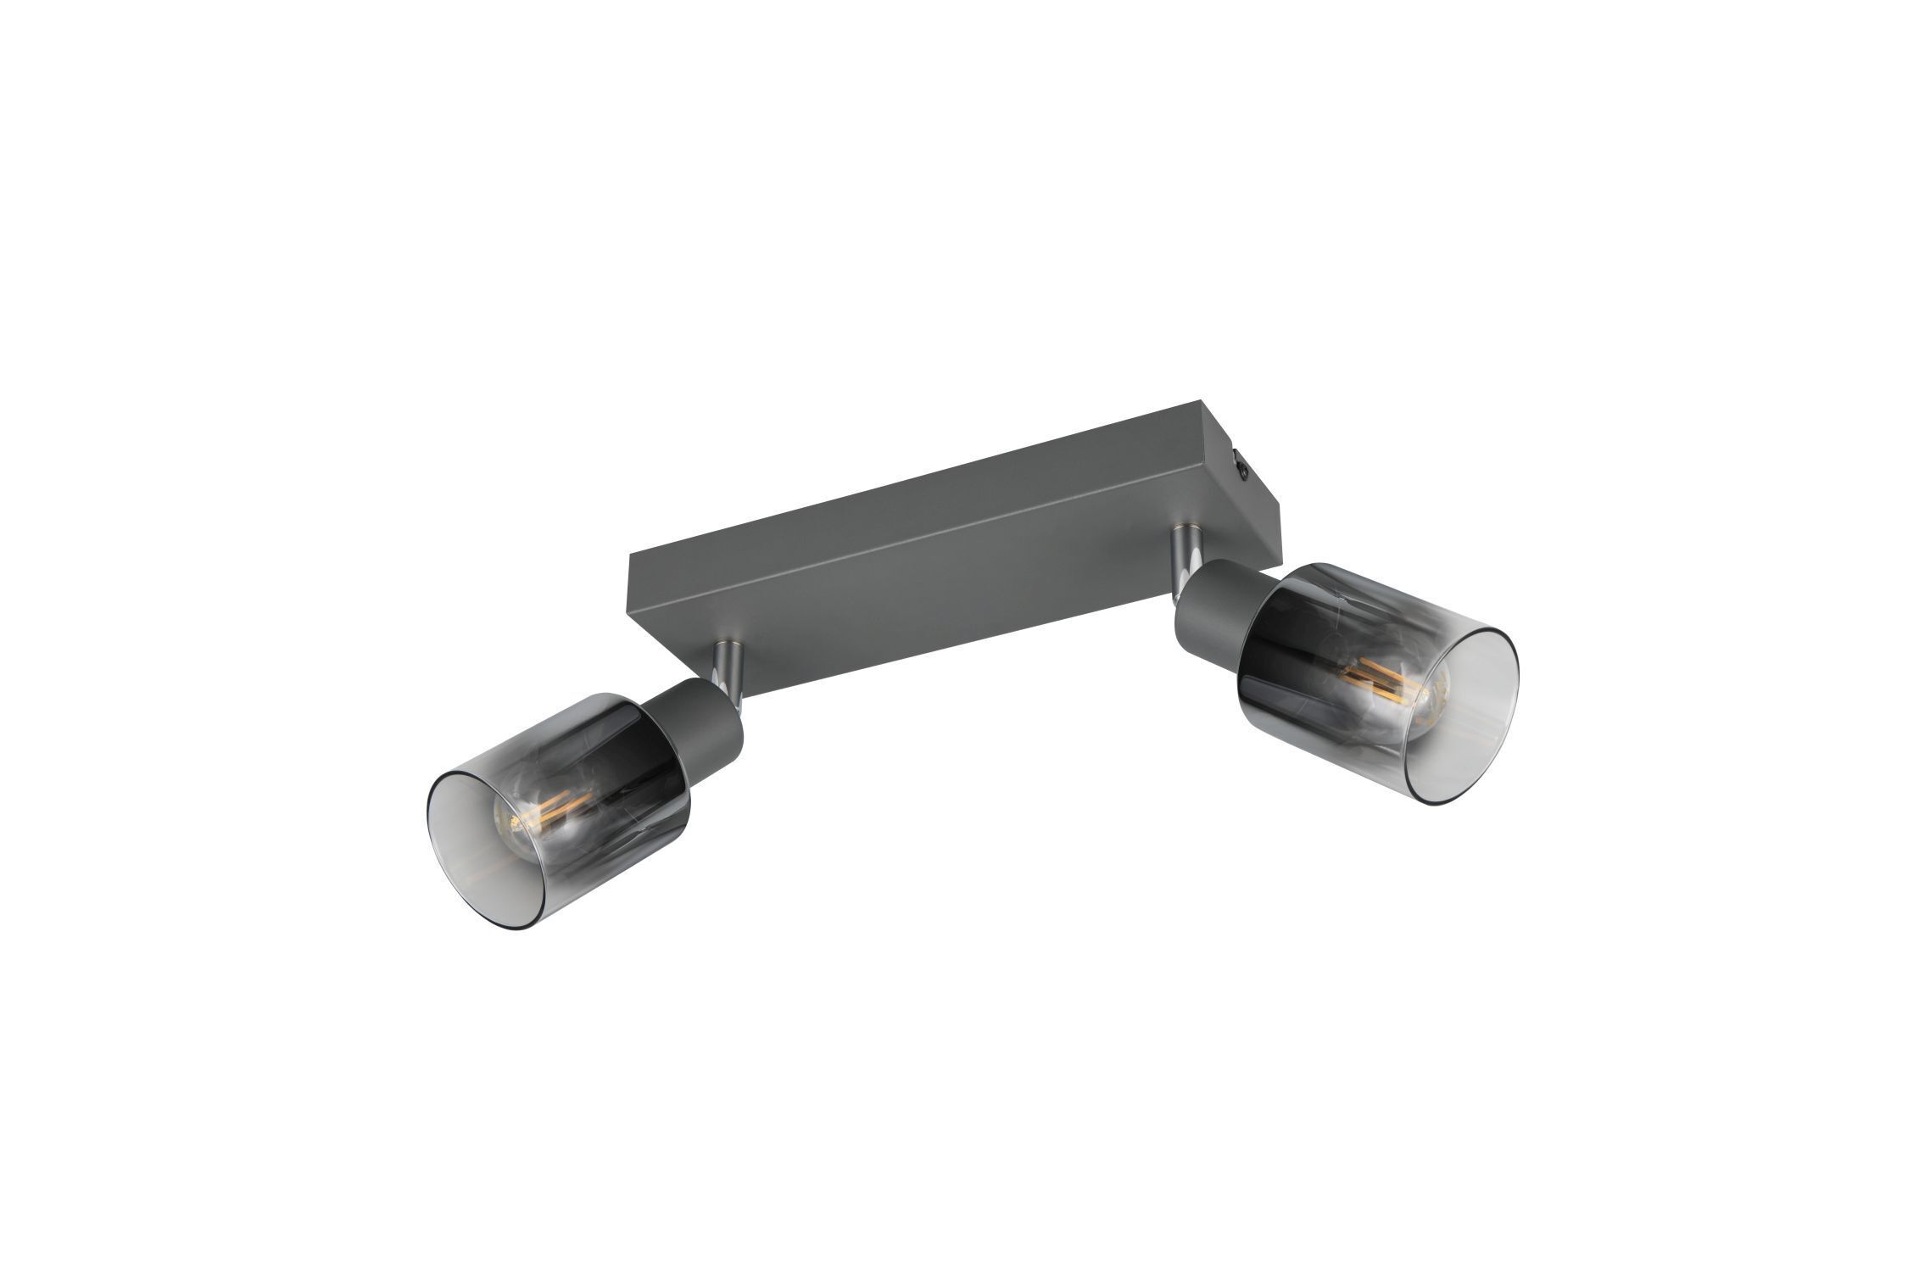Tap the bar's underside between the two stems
[x=933, y=594]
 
